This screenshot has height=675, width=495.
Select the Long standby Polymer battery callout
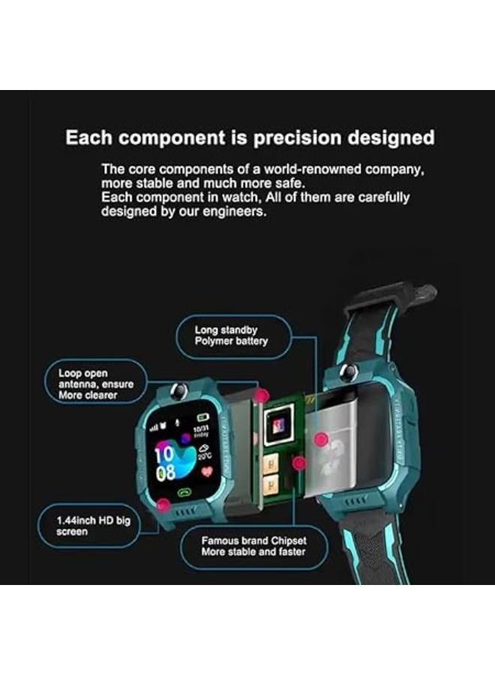[232, 335]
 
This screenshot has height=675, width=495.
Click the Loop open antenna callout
[95, 384]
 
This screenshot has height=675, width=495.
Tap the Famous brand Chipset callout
[253, 545]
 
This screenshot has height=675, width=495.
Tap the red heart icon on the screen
[207, 470]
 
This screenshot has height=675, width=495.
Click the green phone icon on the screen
[184, 493]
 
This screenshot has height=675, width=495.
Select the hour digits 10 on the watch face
[166, 452]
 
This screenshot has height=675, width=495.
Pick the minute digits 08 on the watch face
[166, 472]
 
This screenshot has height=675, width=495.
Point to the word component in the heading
[162, 138]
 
